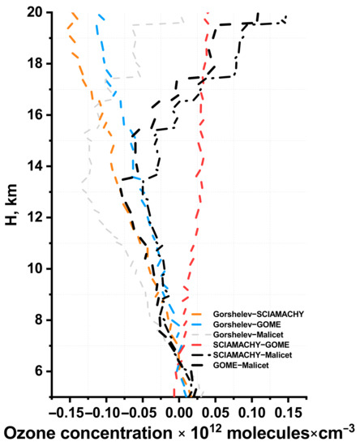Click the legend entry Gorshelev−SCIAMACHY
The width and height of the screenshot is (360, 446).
(x=251, y=313)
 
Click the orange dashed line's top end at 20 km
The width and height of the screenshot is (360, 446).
(x=73, y=13)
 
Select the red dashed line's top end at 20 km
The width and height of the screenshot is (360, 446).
(x=208, y=13)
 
